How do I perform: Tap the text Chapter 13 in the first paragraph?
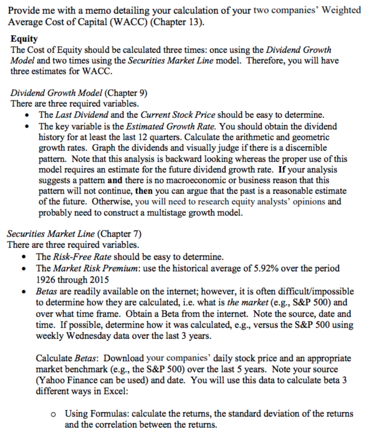[181, 21]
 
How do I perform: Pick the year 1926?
[46, 279]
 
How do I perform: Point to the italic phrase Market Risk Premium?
[96, 269]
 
